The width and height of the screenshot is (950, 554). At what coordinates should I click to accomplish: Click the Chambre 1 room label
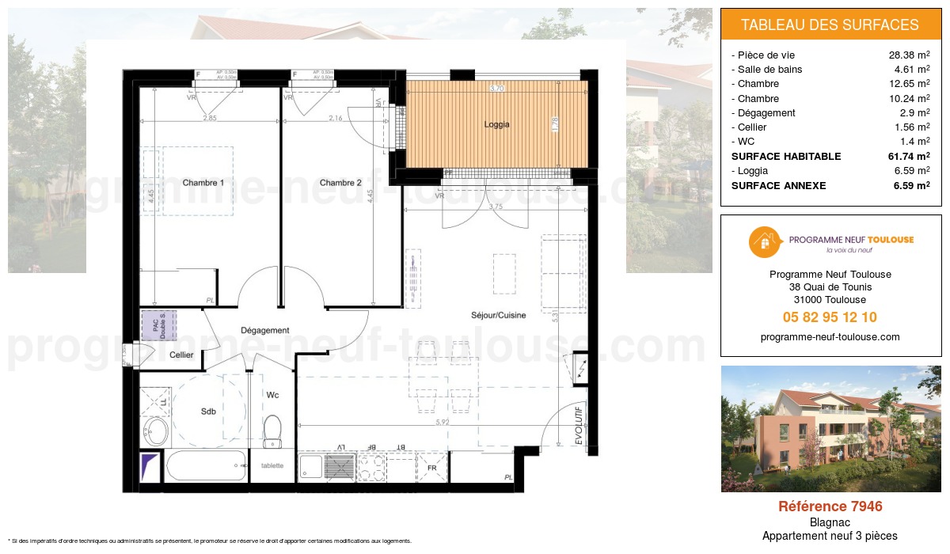pyautogui.click(x=203, y=183)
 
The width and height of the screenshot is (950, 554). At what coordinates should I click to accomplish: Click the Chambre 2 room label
pyautogui.click(x=340, y=183)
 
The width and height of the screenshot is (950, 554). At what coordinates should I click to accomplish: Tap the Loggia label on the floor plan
pyautogui.click(x=496, y=124)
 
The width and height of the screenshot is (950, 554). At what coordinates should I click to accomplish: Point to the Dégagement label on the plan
pyautogui.click(x=265, y=330)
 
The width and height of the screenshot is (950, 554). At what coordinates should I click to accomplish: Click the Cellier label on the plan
pyautogui.click(x=181, y=355)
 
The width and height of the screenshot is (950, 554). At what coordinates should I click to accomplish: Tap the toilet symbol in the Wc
pyautogui.click(x=272, y=431)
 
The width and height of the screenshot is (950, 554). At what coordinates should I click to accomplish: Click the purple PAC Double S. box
pyautogui.click(x=159, y=325)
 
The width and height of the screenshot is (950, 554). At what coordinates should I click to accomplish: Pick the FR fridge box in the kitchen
pyautogui.click(x=432, y=467)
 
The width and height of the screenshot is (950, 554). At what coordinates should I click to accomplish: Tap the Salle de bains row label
pyautogui.click(x=769, y=70)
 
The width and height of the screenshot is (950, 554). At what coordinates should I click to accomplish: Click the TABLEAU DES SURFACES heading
pyautogui.click(x=830, y=25)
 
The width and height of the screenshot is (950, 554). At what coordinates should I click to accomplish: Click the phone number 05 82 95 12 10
pyautogui.click(x=830, y=317)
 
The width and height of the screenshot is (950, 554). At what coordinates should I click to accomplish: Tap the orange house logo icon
pyautogui.click(x=762, y=241)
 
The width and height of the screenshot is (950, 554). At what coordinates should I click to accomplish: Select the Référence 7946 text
pyautogui.click(x=830, y=507)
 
